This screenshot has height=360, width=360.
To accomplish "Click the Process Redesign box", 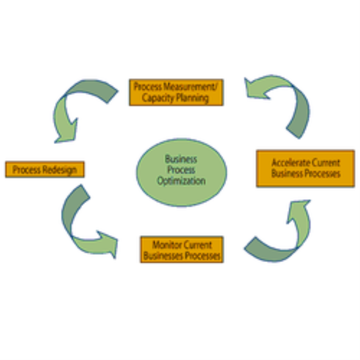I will [x=45, y=169].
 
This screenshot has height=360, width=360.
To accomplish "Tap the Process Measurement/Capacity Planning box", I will [x=176, y=92].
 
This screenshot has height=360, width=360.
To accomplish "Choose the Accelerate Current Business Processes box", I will [x=305, y=168].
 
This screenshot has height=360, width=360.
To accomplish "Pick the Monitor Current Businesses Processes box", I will [x=182, y=250].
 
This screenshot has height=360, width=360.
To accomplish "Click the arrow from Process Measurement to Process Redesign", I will [x=72, y=106].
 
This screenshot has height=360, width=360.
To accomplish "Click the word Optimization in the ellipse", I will [x=181, y=181].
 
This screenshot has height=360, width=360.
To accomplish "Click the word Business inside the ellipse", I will [x=181, y=160].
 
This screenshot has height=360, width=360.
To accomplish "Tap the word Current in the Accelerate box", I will [x=326, y=163].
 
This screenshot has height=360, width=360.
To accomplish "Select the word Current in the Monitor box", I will [x=197, y=245].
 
